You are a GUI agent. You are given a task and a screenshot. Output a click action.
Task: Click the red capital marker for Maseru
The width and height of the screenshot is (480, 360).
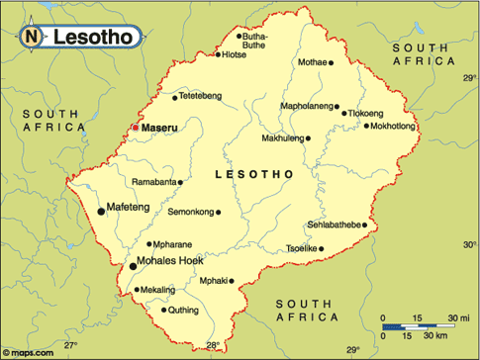pos(136,128)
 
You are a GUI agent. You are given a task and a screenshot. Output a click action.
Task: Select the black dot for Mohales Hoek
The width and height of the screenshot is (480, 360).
pos(133,265)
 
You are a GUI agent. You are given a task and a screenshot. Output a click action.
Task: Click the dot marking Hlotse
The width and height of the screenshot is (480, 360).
pos(219,54)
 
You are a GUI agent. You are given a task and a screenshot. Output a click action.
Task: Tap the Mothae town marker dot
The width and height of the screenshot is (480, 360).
pos(332,62)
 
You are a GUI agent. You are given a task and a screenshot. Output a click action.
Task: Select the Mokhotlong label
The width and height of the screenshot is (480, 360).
pos(392,126)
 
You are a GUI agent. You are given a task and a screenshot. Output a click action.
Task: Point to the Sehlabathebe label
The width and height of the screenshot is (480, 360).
pos(334,225)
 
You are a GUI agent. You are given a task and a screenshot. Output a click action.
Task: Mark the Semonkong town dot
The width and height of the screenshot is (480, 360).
pos(219,212)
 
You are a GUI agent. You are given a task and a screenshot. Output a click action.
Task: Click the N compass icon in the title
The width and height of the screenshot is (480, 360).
pos(31,38)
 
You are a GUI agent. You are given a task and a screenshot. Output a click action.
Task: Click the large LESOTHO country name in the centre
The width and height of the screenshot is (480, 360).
pos(254,174)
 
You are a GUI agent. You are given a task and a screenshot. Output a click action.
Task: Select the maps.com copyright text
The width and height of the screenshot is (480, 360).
pos(28,352)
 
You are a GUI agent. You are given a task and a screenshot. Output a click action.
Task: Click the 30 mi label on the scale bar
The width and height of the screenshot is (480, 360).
pos(457,317)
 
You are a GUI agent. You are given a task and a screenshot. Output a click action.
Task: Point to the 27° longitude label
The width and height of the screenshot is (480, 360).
pos(70,346)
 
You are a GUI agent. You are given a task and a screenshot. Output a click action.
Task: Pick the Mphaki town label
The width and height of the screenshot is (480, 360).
pos(214,280)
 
